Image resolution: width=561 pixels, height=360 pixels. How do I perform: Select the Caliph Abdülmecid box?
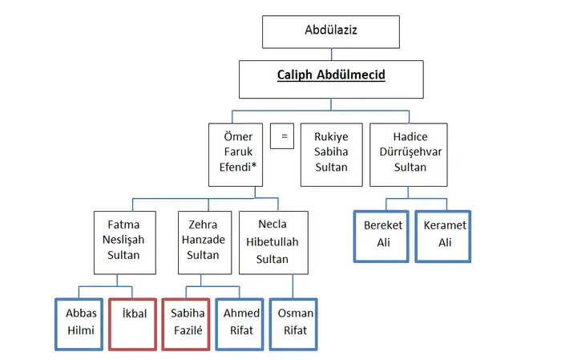pyautogui.click(x=331, y=75)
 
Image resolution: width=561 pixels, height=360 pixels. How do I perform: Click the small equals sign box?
pyautogui.click(x=282, y=136)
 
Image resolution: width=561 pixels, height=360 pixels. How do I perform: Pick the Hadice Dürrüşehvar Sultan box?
pyautogui.click(x=409, y=152)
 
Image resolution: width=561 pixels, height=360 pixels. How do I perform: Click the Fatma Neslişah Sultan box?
pyautogui.click(x=118, y=240)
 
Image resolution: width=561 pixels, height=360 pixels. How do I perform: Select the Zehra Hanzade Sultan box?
pyautogui.click(x=204, y=240)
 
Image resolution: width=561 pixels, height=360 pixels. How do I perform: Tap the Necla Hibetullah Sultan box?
pyautogui.click(x=272, y=243)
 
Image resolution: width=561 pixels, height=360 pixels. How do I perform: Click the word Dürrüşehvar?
pyautogui.click(x=409, y=152)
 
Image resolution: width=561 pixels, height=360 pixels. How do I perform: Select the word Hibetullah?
pyautogui.click(x=272, y=242)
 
